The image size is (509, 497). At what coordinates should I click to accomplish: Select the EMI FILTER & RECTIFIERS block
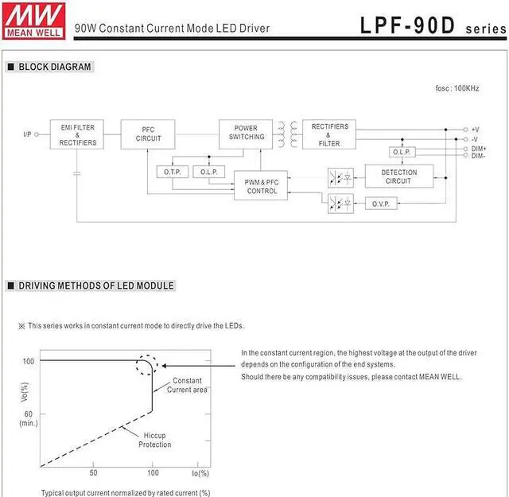77,135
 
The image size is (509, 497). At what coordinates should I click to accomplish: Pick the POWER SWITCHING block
246,133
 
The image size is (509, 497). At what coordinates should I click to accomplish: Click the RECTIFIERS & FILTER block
329,135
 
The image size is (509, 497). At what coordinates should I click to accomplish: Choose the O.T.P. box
173,172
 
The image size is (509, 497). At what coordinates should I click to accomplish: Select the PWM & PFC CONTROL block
261,187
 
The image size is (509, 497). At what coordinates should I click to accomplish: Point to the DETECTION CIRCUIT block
398,177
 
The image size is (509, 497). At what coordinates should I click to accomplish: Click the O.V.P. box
380,204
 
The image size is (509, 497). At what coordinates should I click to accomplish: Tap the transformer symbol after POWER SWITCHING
287,134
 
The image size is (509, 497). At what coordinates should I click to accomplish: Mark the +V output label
475,129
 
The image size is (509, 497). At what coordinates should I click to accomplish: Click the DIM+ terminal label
479,149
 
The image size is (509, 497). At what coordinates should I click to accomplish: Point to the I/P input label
27,135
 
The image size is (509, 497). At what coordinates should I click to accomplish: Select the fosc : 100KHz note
457,88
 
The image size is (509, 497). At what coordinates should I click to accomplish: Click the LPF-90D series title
429,25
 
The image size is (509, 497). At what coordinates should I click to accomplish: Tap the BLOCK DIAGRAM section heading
54,68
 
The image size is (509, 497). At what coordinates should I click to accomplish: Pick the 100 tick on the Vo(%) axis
28,361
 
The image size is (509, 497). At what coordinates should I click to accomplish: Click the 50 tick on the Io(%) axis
94,473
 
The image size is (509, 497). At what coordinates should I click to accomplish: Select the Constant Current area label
188,385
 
